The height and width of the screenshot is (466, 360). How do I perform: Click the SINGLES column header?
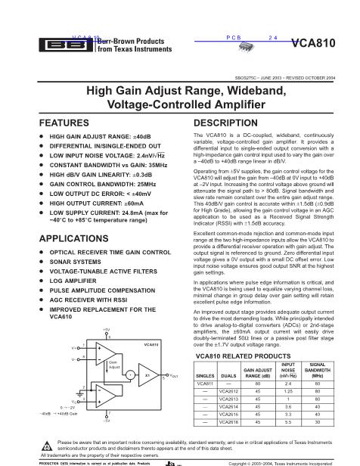[x=206, y=374]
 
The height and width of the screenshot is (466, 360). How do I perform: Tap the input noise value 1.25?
[x=288, y=391]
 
